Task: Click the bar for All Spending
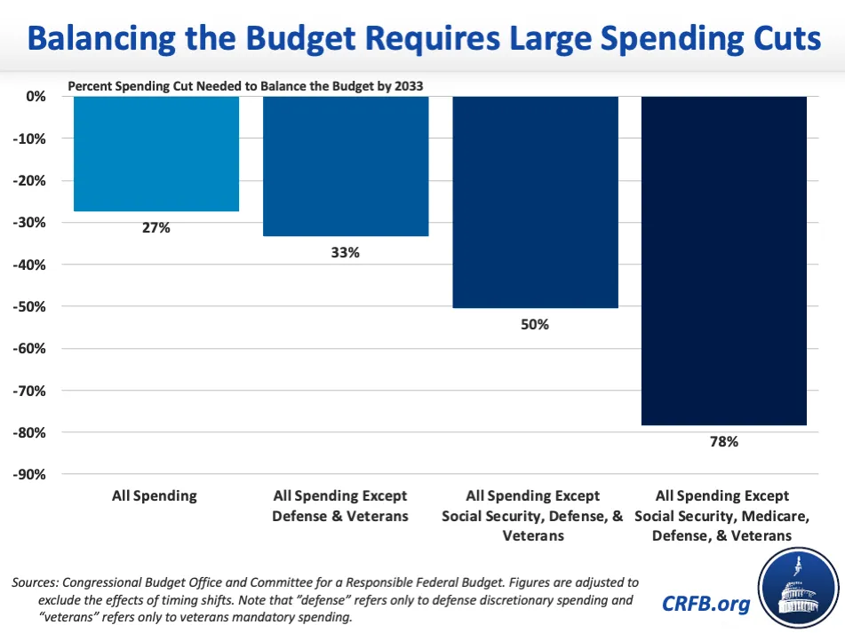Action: [x=156, y=153]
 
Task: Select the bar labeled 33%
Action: [x=346, y=165]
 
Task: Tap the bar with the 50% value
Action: [x=535, y=202]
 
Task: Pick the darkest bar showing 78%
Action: [x=723, y=260]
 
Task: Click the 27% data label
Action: [x=156, y=227]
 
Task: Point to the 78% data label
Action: [x=723, y=441]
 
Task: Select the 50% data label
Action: [x=535, y=324]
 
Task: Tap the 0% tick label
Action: [x=36, y=96]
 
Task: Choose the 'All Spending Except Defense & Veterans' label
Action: [x=340, y=505]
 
